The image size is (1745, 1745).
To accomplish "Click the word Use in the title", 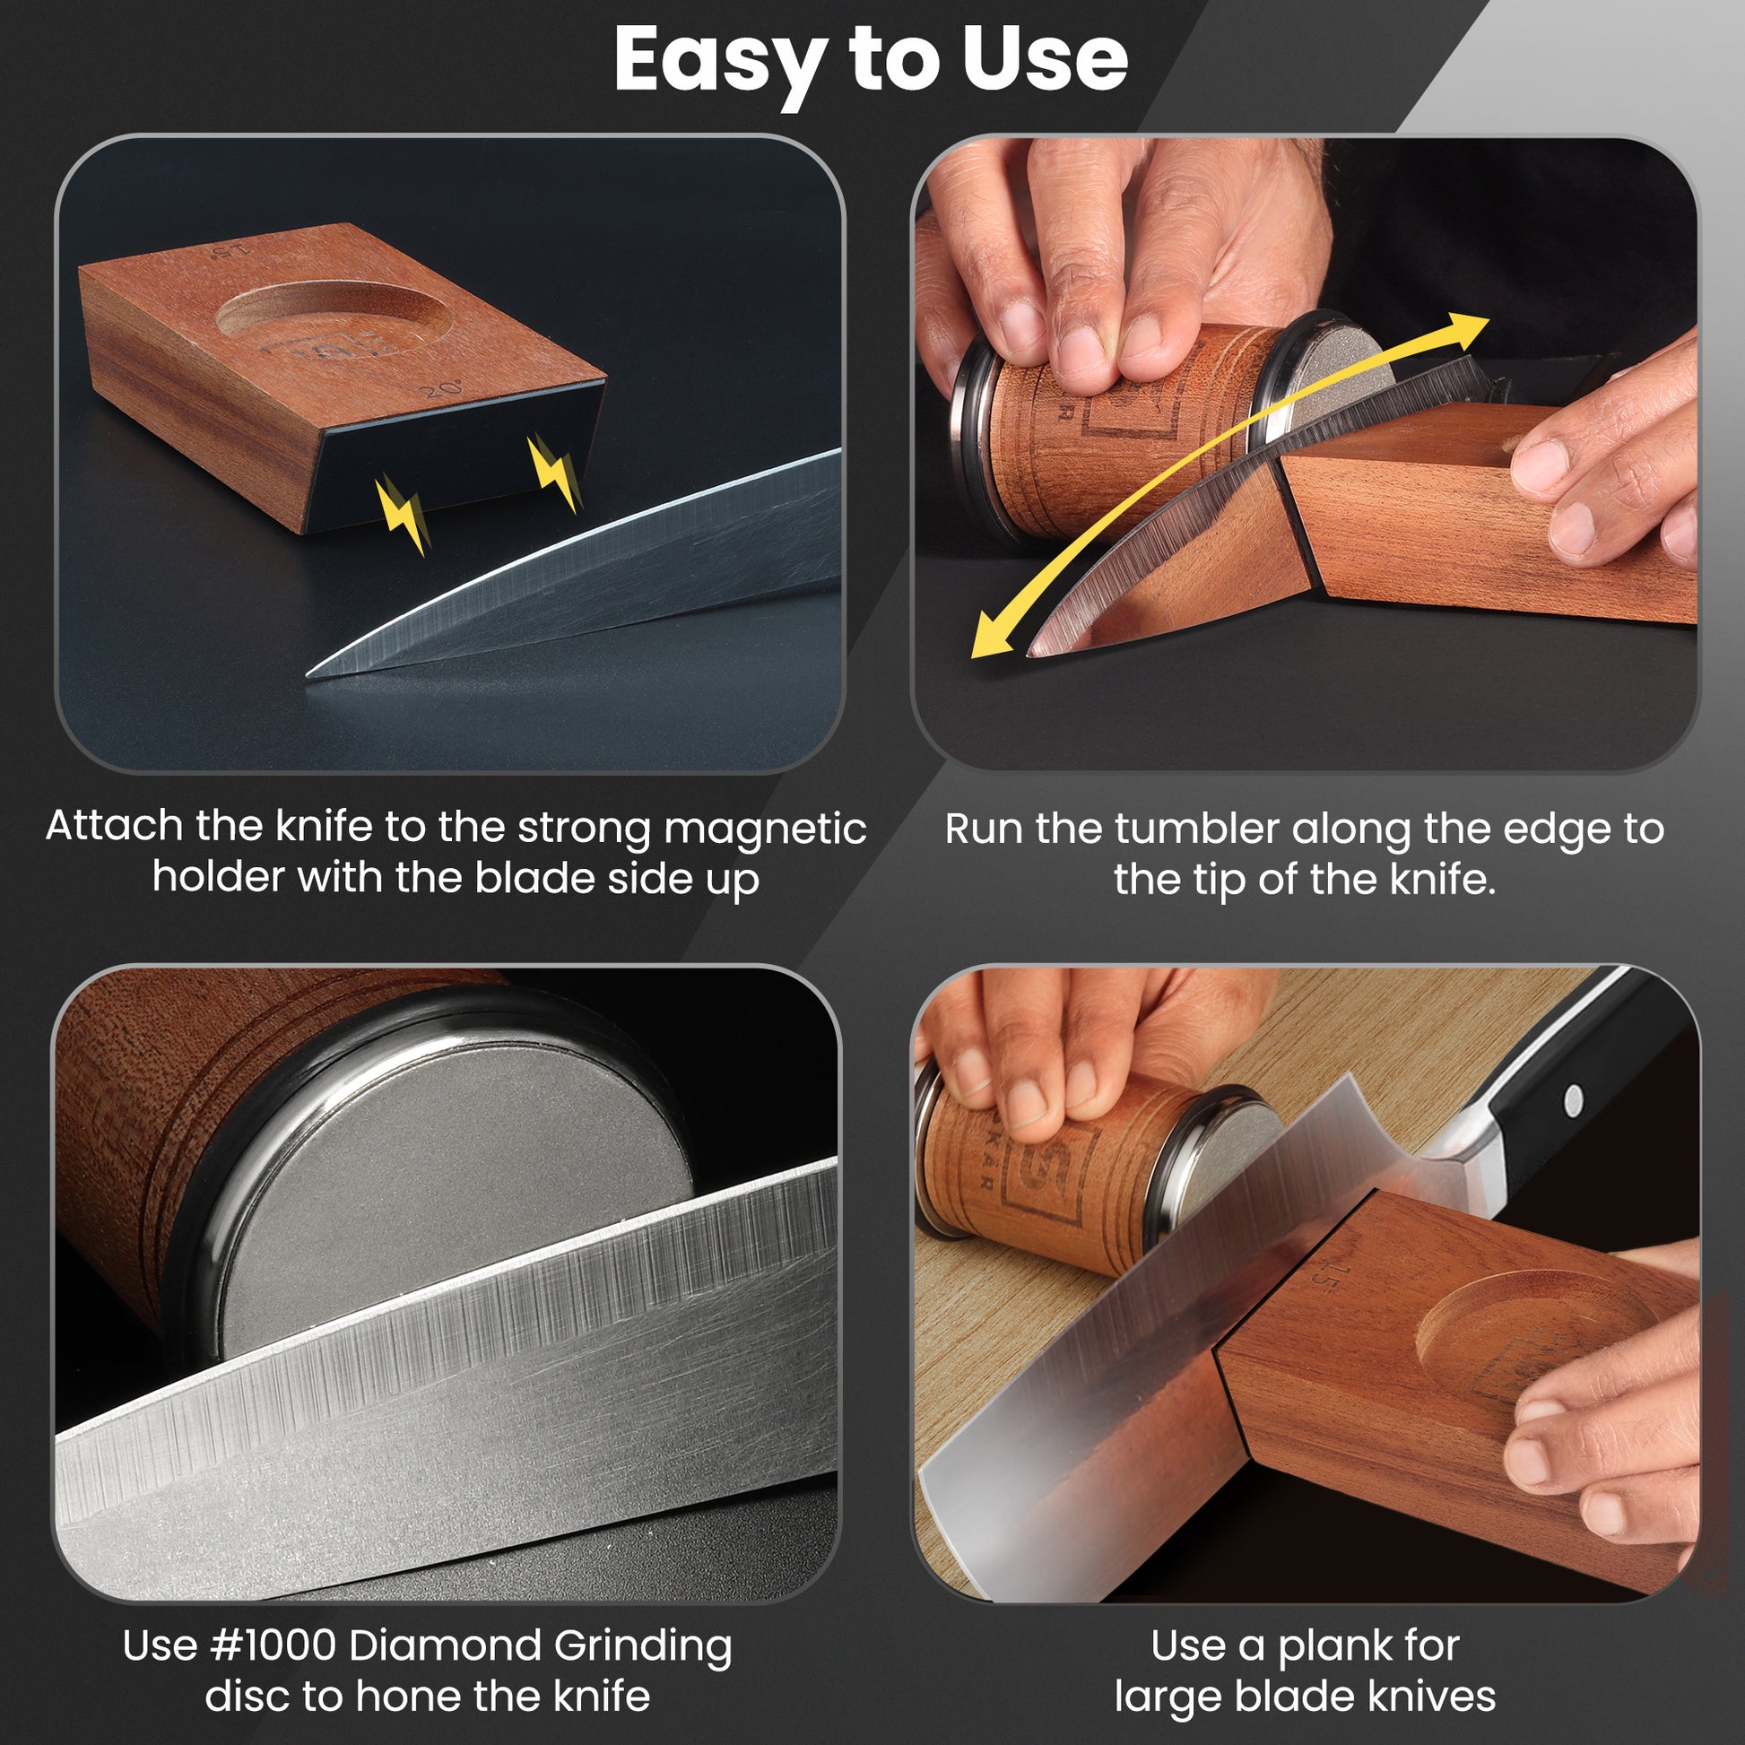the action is pos(1044,59).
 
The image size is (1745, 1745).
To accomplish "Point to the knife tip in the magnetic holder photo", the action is pos(309,673).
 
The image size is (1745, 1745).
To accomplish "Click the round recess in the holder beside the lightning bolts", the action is pos(334,318).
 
